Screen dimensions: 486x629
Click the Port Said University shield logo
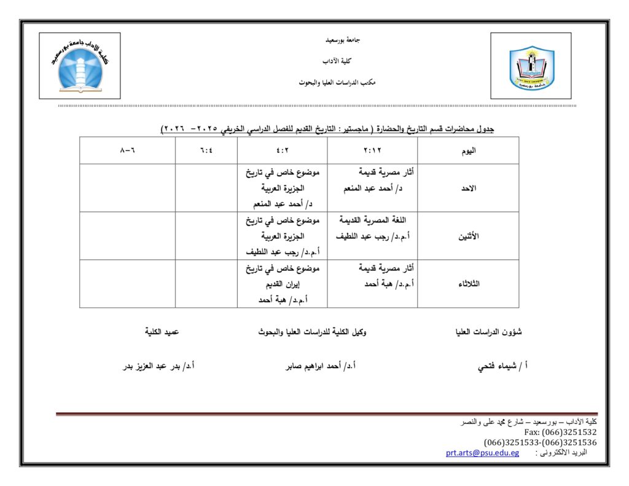click(x=531, y=66)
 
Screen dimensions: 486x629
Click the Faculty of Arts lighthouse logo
click(x=80, y=66)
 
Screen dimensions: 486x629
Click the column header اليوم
click(x=468, y=151)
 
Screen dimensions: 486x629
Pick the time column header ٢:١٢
click(x=372, y=151)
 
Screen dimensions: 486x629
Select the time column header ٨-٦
click(x=127, y=151)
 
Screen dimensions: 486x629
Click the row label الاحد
click(x=468, y=188)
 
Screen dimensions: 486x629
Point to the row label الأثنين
click(x=468, y=236)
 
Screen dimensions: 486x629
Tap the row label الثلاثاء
click(x=468, y=284)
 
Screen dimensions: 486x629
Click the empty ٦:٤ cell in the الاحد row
click(x=206, y=188)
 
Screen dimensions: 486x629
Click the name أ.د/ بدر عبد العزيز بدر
click(x=159, y=366)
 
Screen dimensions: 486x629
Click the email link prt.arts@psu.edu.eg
click(x=482, y=453)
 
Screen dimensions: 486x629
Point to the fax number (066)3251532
click(x=569, y=432)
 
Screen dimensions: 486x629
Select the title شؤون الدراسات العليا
click(x=488, y=332)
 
